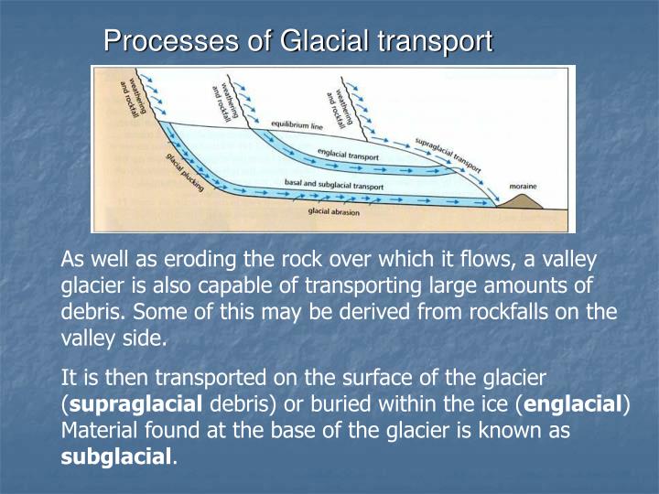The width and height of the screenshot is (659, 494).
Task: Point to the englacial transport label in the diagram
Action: pos(348,156)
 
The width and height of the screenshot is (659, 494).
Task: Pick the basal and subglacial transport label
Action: pos(347,185)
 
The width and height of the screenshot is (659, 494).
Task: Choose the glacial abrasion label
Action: pos(334,212)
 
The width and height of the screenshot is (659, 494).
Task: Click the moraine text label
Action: pos(524,186)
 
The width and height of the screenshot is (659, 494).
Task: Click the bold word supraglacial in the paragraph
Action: pos(135,403)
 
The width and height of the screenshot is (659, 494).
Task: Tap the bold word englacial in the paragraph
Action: pos(575,403)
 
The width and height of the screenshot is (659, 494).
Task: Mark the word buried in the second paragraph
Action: pos(410,403)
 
